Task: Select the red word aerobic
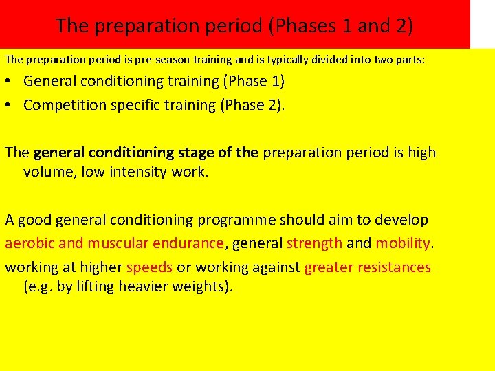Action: [30, 243]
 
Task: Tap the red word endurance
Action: [190, 243]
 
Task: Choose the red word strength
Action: [314, 243]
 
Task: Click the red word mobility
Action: [403, 243]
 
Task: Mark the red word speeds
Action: [149, 267]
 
